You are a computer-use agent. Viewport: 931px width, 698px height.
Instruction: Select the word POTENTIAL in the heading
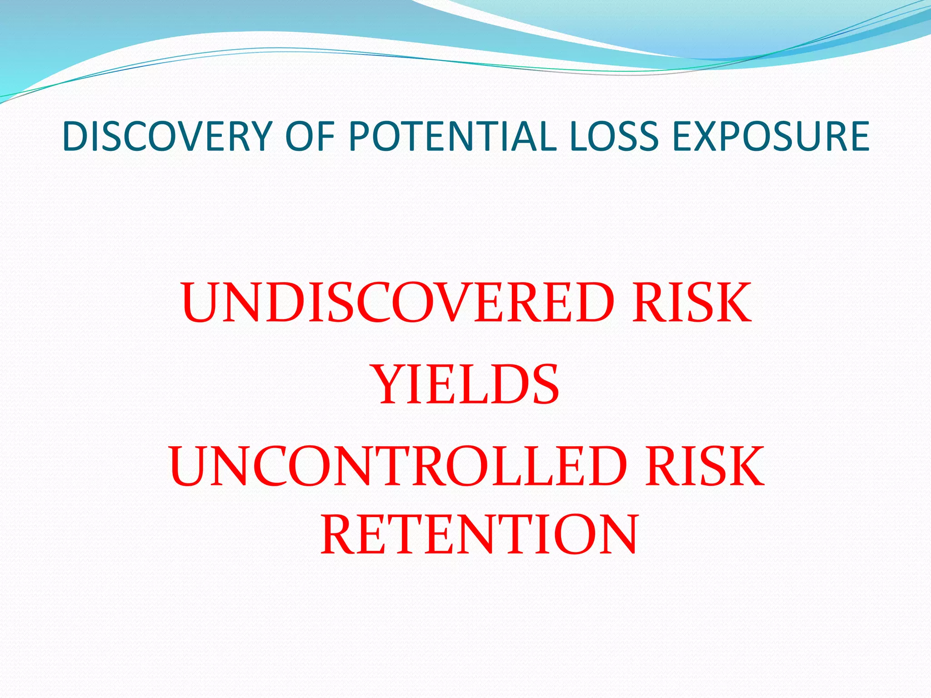point(452,136)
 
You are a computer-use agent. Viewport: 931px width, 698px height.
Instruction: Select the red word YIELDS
point(466,385)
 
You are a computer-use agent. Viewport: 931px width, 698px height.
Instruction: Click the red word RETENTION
point(480,535)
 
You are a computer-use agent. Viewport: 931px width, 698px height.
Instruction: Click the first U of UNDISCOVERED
point(202,303)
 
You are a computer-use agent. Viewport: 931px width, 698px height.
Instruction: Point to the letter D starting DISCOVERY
point(75,136)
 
